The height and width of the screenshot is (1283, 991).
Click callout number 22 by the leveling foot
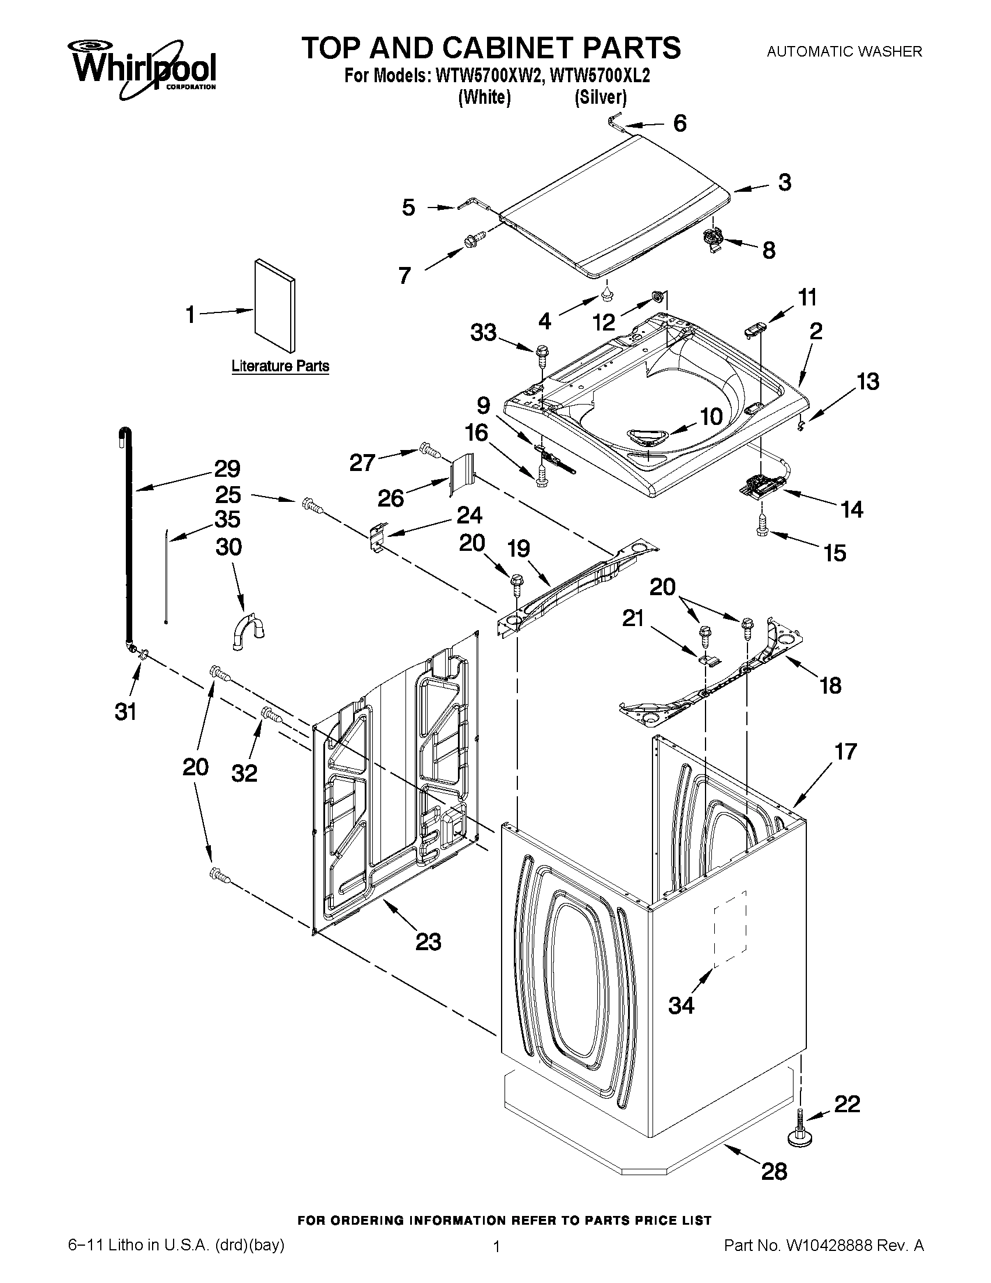point(847,1104)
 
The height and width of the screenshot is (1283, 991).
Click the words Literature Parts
point(280,366)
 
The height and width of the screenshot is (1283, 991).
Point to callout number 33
point(483,333)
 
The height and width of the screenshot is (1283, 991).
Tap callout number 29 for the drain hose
point(227,469)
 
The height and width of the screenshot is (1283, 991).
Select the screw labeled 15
point(762,525)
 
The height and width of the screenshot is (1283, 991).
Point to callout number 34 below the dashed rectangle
point(681,1006)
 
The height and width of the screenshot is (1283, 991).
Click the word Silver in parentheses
point(600,97)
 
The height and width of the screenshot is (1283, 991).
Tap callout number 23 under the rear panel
point(428,942)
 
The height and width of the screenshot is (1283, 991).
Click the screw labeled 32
point(271,714)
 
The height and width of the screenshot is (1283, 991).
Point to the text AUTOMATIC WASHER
point(844,52)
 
